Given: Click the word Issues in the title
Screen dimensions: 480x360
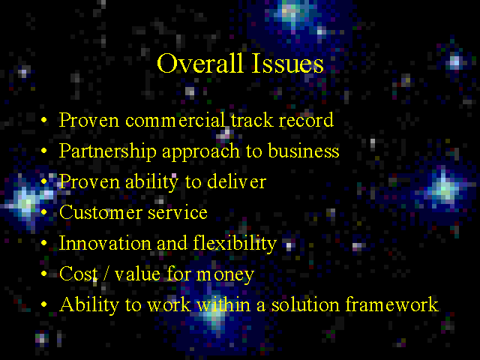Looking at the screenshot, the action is tap(287, 63).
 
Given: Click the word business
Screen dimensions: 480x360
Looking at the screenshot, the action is tap(304, 151).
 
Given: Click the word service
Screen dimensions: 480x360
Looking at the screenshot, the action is tap(178, 213).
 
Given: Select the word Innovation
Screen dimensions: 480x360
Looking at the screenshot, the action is tap(105, 243).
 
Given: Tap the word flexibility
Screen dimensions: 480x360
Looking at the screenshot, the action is tap(235, 244).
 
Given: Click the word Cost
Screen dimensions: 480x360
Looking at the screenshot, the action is tap(78, 274).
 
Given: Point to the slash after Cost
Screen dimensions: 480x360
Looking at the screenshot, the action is tap(106, 274).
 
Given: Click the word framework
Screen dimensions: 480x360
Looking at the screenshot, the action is tap(391, 304).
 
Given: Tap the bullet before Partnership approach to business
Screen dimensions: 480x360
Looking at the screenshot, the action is tap(44, 151).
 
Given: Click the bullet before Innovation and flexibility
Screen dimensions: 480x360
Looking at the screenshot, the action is tap(44, 243).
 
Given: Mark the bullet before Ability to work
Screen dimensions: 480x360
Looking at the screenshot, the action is tap(44, 304).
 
